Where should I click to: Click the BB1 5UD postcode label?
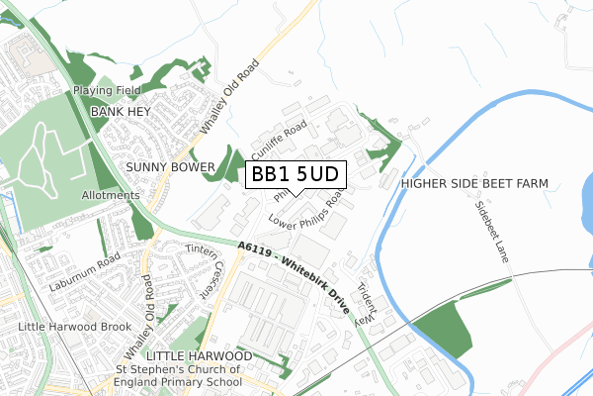point(296,174)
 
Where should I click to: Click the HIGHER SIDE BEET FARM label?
point(475,184)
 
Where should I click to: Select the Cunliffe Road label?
point(280,143)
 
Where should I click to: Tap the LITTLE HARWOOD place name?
point(198,354)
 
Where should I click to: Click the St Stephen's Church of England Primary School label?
point(179,376)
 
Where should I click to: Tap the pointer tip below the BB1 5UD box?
point(296,193)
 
